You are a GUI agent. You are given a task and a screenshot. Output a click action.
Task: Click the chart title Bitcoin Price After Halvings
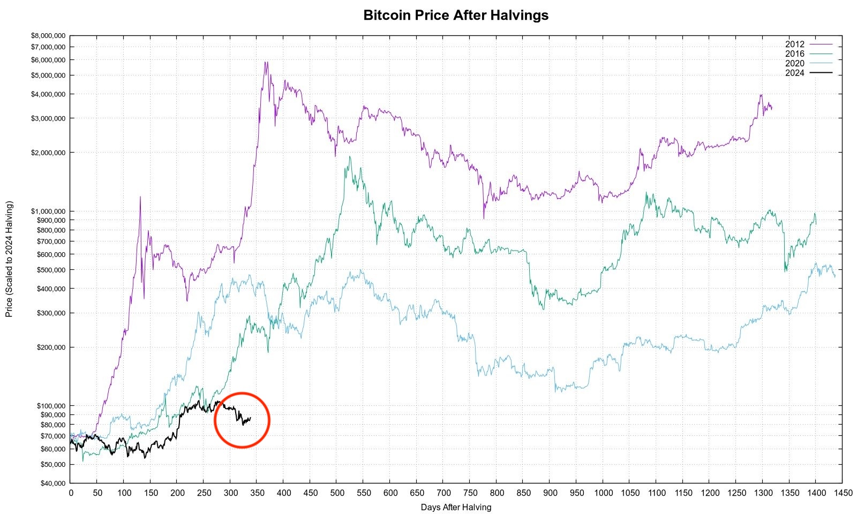click(x=456, y=15)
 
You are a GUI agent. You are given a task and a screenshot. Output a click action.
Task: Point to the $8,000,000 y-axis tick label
click(x=48, y=36)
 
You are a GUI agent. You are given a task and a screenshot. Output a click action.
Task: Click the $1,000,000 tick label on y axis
click(x=48, y=211)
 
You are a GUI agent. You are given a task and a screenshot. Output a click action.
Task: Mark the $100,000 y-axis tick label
click(x=50, y=406)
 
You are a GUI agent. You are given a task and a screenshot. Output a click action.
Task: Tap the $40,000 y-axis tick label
click(x=52, y=483)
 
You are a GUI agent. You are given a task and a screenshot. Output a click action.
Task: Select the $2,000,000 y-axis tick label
click(x=48, y=153)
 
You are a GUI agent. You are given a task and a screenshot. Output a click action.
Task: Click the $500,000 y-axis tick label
click(x=50, y=270)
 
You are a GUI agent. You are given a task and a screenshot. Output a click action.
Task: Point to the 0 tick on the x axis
click(x=71, y=493)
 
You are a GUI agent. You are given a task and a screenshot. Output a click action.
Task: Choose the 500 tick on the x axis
click(x=337, y=493)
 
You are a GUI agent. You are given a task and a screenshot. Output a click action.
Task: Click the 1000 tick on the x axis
click(x=603, y=493)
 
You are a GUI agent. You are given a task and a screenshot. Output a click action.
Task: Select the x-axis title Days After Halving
click(x=456, y=507)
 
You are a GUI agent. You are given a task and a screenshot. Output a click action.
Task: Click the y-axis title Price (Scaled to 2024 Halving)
click(x=9, y=259)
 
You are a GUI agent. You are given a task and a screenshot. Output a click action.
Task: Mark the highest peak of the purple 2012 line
click(x=265, y=62)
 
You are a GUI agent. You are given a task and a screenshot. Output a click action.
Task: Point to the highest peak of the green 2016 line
click(x=350, y=156)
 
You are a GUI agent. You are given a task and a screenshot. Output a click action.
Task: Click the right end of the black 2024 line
click(x=250, y=418)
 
